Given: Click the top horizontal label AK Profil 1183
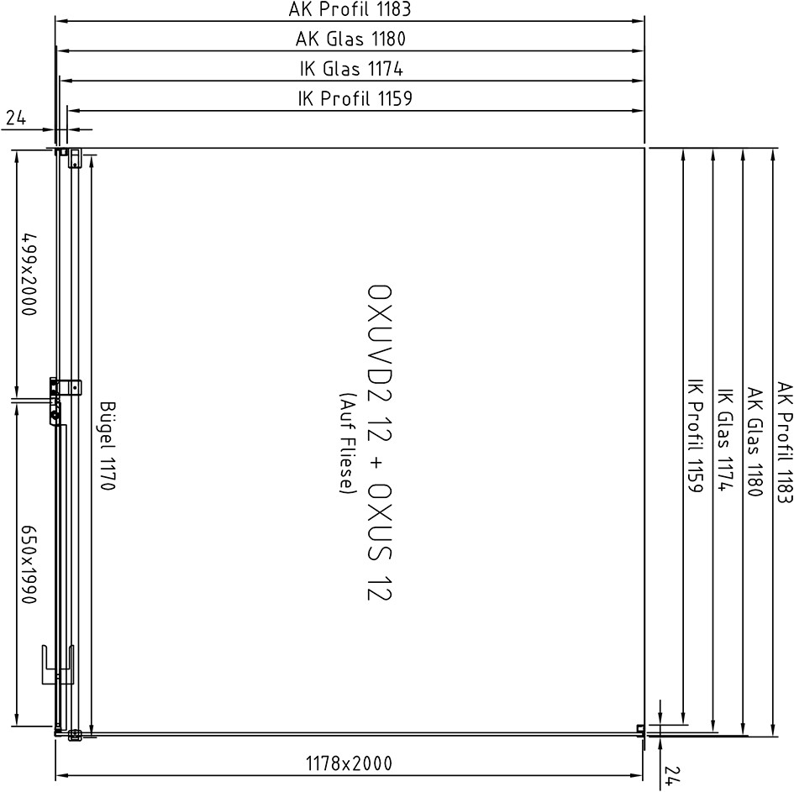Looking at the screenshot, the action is coord(350,9).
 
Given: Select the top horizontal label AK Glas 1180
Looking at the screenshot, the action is coord(350,39).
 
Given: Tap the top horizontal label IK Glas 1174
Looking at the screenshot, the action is coord(351,68).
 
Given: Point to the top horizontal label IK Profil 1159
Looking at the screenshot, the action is coord(355,97).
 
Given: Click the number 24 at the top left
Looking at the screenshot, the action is coord(16,118).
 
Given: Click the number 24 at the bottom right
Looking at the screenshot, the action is coord(671,775).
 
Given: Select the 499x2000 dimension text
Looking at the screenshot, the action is coord(29,274).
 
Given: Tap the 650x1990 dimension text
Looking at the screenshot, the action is coord(29,564).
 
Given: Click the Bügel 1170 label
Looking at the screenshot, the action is coord(108,445).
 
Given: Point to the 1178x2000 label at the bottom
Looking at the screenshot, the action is coord(349,763).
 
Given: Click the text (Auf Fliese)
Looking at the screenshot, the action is coord(348,443).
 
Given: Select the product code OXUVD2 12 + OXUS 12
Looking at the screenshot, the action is coord(379,443).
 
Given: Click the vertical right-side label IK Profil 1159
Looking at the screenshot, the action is coord(695,435).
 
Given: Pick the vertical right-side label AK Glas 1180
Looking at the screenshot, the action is coord(754,442).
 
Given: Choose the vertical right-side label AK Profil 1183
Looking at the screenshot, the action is coord(784,443).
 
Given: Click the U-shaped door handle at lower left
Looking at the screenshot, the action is coord(57,665).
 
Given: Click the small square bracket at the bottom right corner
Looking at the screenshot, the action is coord(640,729).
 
